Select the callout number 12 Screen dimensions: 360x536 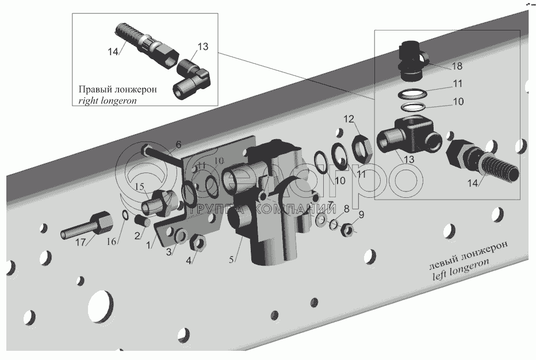pos(349,120)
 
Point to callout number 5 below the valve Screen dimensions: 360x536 pos(232,260)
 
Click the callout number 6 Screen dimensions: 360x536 pos(178,144)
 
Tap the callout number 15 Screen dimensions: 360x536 pos(140,187)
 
